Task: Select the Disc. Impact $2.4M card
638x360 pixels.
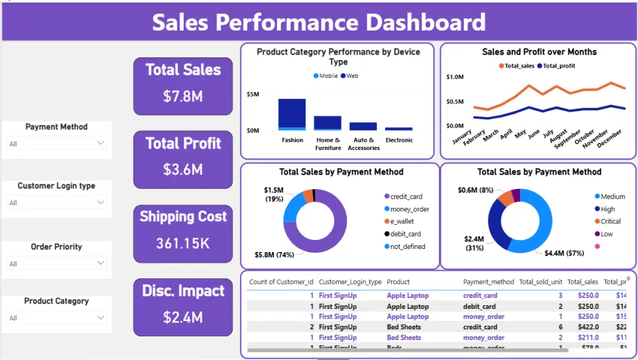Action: click(182, 306)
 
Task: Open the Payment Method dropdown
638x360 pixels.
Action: click(56, 144)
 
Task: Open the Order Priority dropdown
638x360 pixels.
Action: click(56, 264)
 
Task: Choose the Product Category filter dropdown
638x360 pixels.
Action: click(56, 318)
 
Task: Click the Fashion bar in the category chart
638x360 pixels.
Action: click(292, 114)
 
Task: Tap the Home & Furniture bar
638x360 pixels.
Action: click(327, 123)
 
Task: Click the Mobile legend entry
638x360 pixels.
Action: click(325, 76)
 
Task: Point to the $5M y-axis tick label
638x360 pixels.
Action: click(253, 94)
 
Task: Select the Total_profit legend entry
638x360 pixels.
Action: click(558, 66)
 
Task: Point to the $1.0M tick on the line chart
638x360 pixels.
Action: click(454, 77)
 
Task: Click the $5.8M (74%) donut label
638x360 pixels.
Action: click(276, 255)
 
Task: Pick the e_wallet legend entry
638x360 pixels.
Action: click(402, 221)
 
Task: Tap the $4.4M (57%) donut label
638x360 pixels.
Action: click(564, 253)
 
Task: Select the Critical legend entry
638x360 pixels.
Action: click(610, 221)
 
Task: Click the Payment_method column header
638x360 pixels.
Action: click(488, 281)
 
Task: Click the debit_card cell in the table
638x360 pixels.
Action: click(479, 306)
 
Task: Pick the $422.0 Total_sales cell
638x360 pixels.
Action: click(588, 327)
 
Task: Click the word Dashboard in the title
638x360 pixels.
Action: click(426, 22)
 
